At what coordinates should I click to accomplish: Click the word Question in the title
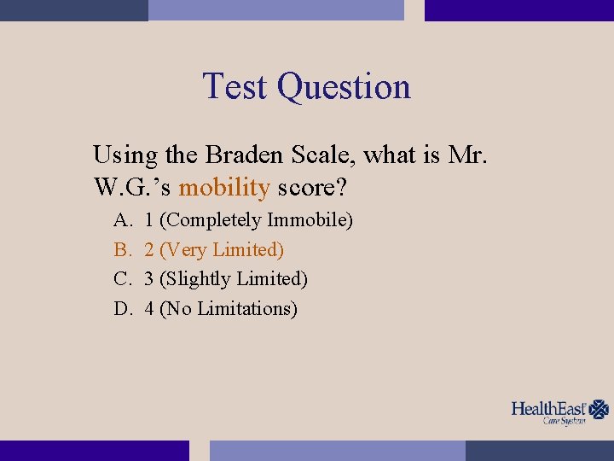click(344, 88)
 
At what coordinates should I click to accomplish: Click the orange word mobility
click(224, 185)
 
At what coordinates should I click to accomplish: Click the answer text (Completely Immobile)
click(256, 220)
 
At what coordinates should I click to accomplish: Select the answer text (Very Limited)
click(222, 250)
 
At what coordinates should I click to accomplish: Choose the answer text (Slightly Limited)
click(234, 279)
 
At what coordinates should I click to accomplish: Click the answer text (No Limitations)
click(229, 308)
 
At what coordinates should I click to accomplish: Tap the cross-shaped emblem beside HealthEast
click(600, 409)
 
